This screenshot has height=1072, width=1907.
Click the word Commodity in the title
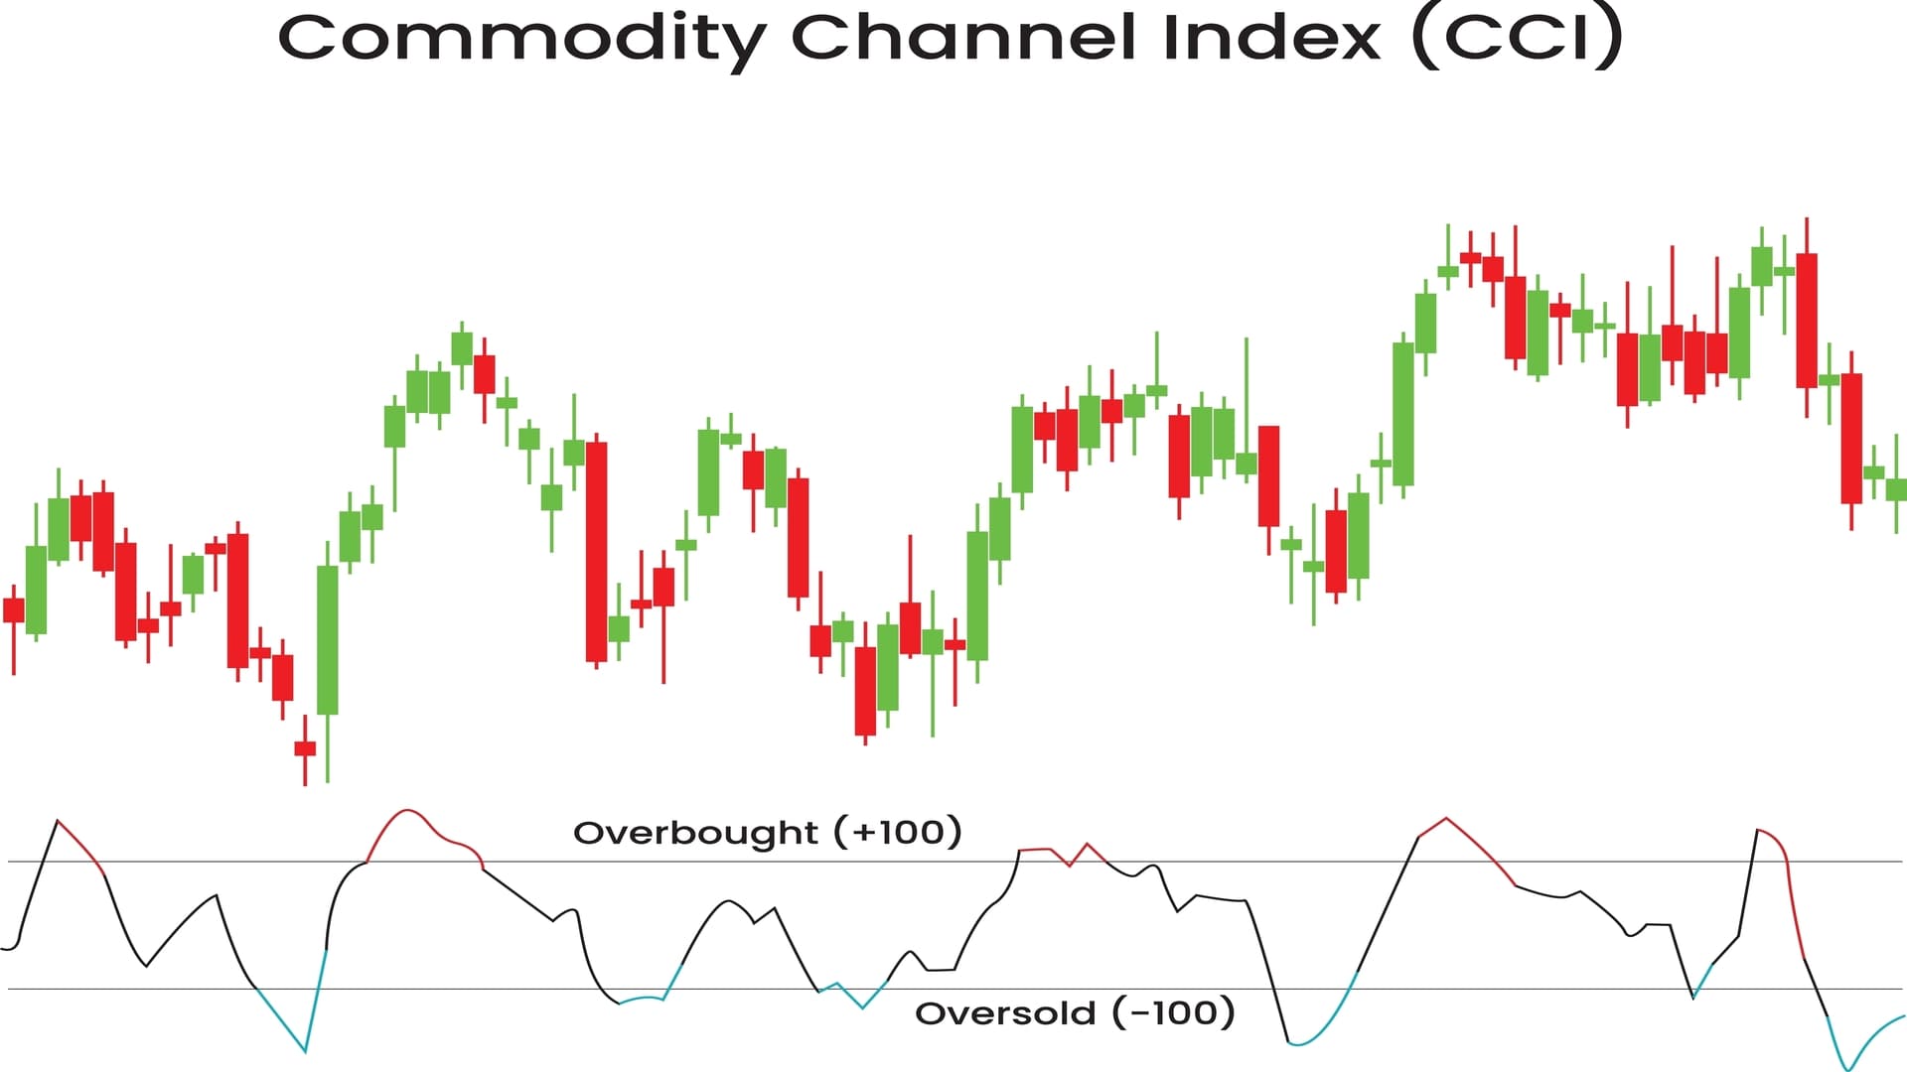pyautogui.click(x=521, y=40)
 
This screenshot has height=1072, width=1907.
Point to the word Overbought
pyautogui.click(x=695, y=832)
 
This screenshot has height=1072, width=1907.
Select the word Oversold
pyautogui.click(x=1005, y=1013)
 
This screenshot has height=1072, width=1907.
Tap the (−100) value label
pyautogui.click(x=1173, y=1012)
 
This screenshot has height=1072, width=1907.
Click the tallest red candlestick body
pyautogui.click(x=596, y=551)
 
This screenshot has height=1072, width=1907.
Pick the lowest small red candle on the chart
pyautogui.click(x=305, y=748)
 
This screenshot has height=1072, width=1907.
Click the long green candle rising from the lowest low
pyautogui.click(x=327, y=639)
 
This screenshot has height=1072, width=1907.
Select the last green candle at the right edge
pyautogui.click(x=1896, y=489)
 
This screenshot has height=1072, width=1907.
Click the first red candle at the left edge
pyautogui.click(x=14, y=609)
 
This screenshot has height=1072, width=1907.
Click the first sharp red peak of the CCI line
pyautogui.click(x=58, y=821)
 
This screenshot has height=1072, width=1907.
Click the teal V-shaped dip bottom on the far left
pyautogui.click(x=305, y=1050)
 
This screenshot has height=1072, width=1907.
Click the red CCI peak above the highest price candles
pyautogui.click(x=1446, y=819)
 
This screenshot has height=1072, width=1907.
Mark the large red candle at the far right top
pyautogui.click(x=1807, y=320)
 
